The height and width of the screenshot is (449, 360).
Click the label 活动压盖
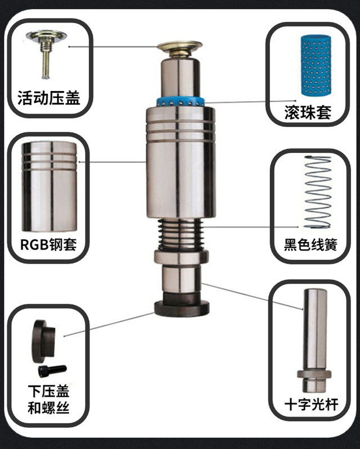(49, 98)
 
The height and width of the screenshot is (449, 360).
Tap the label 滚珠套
(308, 112)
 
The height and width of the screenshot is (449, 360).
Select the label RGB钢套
(48, 244)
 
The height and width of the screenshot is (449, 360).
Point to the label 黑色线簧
(310, 244)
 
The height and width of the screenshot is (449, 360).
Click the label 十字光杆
(311, 405)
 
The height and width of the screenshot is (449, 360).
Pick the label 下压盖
(49, 391)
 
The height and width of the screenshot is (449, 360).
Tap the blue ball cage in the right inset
(316, 66)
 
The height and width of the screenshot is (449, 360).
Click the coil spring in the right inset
(318, 192)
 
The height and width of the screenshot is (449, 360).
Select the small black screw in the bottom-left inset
(52, 371)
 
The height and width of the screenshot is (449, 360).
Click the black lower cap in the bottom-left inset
(43, 342)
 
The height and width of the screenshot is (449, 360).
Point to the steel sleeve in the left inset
(49, 187)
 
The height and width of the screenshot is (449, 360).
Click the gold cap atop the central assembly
(179, 49)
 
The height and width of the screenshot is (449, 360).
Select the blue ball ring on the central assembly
(181, 101)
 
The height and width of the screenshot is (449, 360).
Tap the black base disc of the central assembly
(182, 309)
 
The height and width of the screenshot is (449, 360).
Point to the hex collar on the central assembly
(181, 257)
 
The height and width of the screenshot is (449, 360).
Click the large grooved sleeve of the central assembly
(181, 163)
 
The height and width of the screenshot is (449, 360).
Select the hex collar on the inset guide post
(314, 374)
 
